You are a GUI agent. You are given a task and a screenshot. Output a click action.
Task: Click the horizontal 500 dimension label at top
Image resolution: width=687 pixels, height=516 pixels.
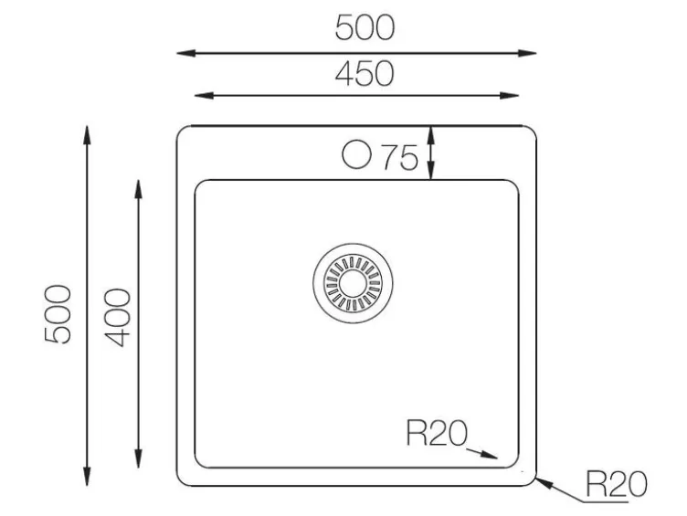pyautogui.click(x=365, y=27)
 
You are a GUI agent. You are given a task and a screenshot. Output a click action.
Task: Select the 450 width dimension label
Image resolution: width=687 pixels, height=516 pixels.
pyautogui.click(x=365, y=74)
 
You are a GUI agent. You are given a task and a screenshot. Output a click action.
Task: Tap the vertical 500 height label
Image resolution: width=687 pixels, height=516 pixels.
pyautogui.click(x=58, y=313)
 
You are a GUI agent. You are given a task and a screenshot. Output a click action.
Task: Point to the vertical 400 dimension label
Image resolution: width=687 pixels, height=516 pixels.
pyautogui.click(x=118, y=317)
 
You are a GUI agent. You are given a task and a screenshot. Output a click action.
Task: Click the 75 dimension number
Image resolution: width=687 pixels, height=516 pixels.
pyautogui.click(x=400, y=157)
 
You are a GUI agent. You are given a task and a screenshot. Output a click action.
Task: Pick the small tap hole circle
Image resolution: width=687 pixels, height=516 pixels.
pyautogui.click(x=356, y=154)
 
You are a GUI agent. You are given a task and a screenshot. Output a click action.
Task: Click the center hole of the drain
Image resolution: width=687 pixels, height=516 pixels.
pyautogui.click(x=353, y=283)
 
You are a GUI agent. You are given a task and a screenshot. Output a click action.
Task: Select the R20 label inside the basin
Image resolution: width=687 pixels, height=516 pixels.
pyautogui.click(x=437, y=433)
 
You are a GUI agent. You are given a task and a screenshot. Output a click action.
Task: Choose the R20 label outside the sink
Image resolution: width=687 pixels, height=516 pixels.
pyautogui.click(x=616, y=484)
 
